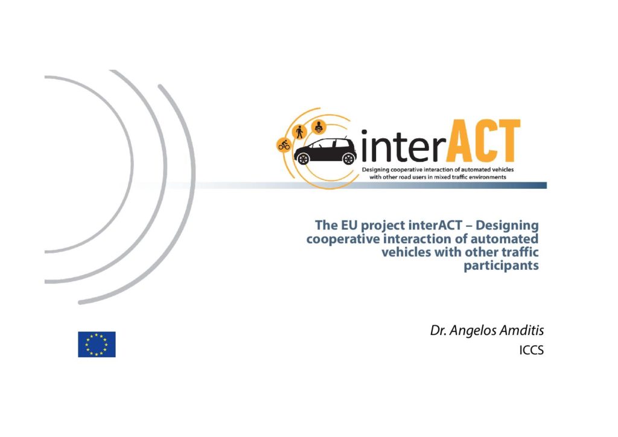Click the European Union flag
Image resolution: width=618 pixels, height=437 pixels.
click(97, 345)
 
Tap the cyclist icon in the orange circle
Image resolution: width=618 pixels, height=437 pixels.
click(284, 145)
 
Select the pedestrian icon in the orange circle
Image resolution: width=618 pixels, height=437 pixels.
click(300, 132)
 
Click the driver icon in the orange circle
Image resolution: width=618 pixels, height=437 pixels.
click(319, 127)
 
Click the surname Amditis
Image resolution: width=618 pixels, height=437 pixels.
click(522, 330)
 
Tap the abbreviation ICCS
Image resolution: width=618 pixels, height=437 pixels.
click(531, 350)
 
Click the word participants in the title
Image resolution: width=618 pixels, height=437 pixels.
click(501, 266)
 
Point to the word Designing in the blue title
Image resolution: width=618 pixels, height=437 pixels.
click(507, 226)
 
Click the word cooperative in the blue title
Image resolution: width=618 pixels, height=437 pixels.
click(339, 240)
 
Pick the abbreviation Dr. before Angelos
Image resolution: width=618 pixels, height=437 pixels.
click(438, 331)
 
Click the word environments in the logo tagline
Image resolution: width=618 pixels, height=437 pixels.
click(488, 177)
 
